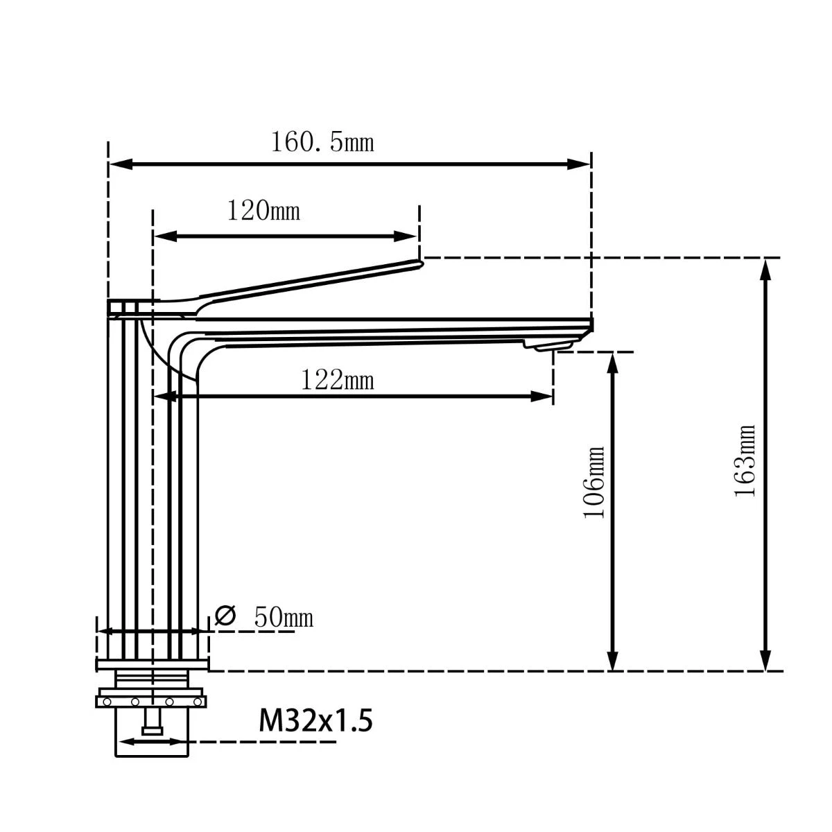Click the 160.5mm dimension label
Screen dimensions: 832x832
click(322, 142)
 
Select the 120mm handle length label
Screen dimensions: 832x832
click(264, 210)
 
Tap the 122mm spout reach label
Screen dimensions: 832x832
click(338, 380)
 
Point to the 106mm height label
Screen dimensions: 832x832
click(595, 482)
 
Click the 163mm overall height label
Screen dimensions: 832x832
click(745, 460)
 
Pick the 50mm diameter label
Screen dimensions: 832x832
click(283, 616)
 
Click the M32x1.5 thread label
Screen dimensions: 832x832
click(315, 720)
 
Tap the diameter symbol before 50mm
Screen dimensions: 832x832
click(225, 615)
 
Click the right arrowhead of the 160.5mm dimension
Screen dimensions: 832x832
click(579, 164)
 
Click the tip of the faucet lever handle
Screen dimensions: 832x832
click(418, 263)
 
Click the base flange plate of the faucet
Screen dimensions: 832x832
click(152, 666)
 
